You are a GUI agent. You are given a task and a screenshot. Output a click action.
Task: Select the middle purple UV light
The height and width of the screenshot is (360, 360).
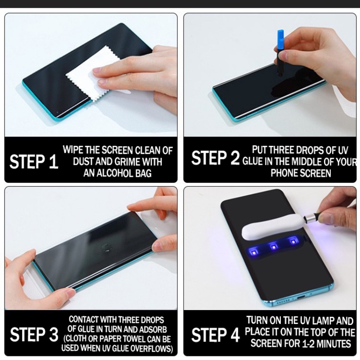pyautogui.click(x=273, y=247)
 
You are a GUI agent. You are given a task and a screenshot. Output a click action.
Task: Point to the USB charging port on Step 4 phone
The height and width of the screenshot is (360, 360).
pyautogui.click(x=301, y=298)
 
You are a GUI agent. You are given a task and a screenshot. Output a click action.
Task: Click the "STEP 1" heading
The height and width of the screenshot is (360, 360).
pyautogui.click(x=34, y=162)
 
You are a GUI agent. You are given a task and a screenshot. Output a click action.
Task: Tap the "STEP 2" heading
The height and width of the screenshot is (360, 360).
pyautogui.click(x=216, y=158)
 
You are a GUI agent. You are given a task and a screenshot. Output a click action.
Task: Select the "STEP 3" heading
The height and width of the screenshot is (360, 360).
pyautogui.click(x=34, y=334)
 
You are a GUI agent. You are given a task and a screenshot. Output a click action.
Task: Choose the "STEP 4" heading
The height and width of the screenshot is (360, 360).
pyautogui.click(x=216, y=335)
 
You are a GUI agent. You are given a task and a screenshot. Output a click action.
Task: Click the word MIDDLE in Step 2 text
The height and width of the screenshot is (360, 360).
pyautogui.click(x=306, y=162)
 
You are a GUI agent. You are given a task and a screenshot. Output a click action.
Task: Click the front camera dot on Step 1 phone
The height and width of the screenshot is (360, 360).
pyautogui.click(x=57, y=112)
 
